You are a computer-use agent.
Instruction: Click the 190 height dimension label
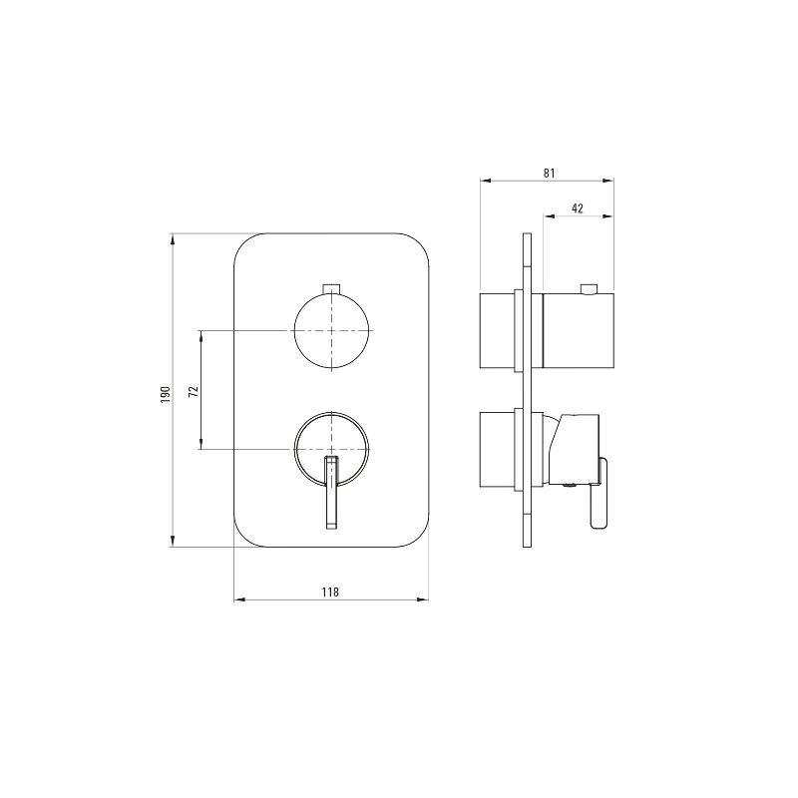pyautogui.click(x=165, y=394)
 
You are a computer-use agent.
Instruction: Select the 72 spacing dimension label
pyautogui.click(x=194, y=391)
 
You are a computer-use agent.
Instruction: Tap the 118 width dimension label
pyautogui.click(x=330, y=592)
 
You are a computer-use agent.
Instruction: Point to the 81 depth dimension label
pyautogui.click(x=549, y=173)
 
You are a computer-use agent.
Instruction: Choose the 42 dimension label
pyautogui.click(x=578, y=208)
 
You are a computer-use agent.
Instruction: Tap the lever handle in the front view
pyautogui.click(x=331, y=493)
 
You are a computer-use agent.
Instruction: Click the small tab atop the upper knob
pyautogui.click(x=331, y=289)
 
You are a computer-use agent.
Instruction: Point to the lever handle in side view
pyautogui.click(x=599, y=494)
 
